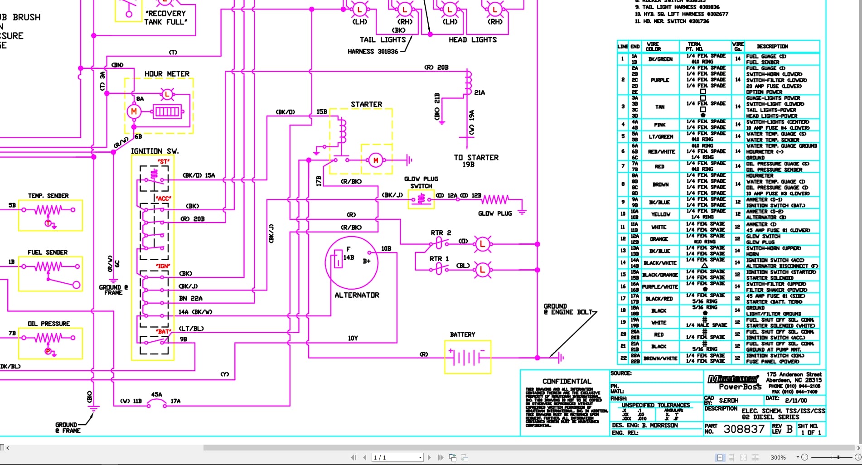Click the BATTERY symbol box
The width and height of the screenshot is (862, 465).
(468, 358)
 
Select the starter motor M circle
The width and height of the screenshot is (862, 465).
(375, 160)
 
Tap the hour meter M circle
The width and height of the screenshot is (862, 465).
(134, 111)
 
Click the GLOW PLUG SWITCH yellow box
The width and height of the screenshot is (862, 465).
(421, 199)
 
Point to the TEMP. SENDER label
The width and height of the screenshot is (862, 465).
(48, 196)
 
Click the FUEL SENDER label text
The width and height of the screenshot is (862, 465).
(48, 252)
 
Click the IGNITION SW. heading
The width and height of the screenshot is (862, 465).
(155, 151)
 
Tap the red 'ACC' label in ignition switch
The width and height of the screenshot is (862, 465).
(163, 199)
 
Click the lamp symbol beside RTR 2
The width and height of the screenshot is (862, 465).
(482, 244)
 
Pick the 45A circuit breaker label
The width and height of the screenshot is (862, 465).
(156, 395)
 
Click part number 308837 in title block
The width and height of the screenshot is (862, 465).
(744, 429)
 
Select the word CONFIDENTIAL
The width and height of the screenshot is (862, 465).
(567, 382)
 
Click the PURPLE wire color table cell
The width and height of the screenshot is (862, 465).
(659, 80)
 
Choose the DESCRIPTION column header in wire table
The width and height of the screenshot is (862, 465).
(772, 46)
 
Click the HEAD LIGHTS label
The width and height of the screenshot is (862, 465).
(472, 40)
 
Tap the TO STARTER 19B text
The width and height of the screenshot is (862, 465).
(476, 161)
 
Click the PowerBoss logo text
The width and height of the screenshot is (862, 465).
(740, 387)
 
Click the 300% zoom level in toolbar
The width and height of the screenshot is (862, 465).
(778, 458)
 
